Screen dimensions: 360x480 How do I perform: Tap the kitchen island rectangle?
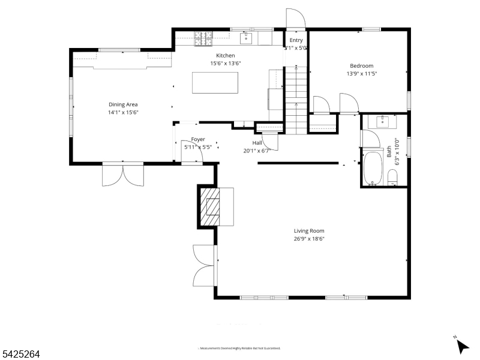point(215,82)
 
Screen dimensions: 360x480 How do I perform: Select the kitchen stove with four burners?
point(203,38)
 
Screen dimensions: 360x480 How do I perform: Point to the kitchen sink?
point(246,38)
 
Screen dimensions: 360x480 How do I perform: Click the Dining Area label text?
point(122,104)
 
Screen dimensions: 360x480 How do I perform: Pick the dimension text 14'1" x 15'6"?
point(122,112)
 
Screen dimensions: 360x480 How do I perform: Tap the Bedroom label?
point(361,66)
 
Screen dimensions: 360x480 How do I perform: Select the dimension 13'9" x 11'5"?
point(361,74)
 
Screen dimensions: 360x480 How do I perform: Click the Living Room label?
point(308,230)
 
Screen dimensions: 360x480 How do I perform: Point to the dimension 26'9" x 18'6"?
point(308,238)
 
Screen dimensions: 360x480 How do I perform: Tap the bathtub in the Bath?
point(373,169)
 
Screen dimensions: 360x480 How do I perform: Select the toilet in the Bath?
point(394,177)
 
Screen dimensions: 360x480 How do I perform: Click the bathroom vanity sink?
point(384,121)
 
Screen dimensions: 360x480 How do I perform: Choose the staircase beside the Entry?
point(295,99)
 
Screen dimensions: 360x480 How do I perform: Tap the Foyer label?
point(198,139)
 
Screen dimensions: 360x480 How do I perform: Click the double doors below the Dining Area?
point(123,175)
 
